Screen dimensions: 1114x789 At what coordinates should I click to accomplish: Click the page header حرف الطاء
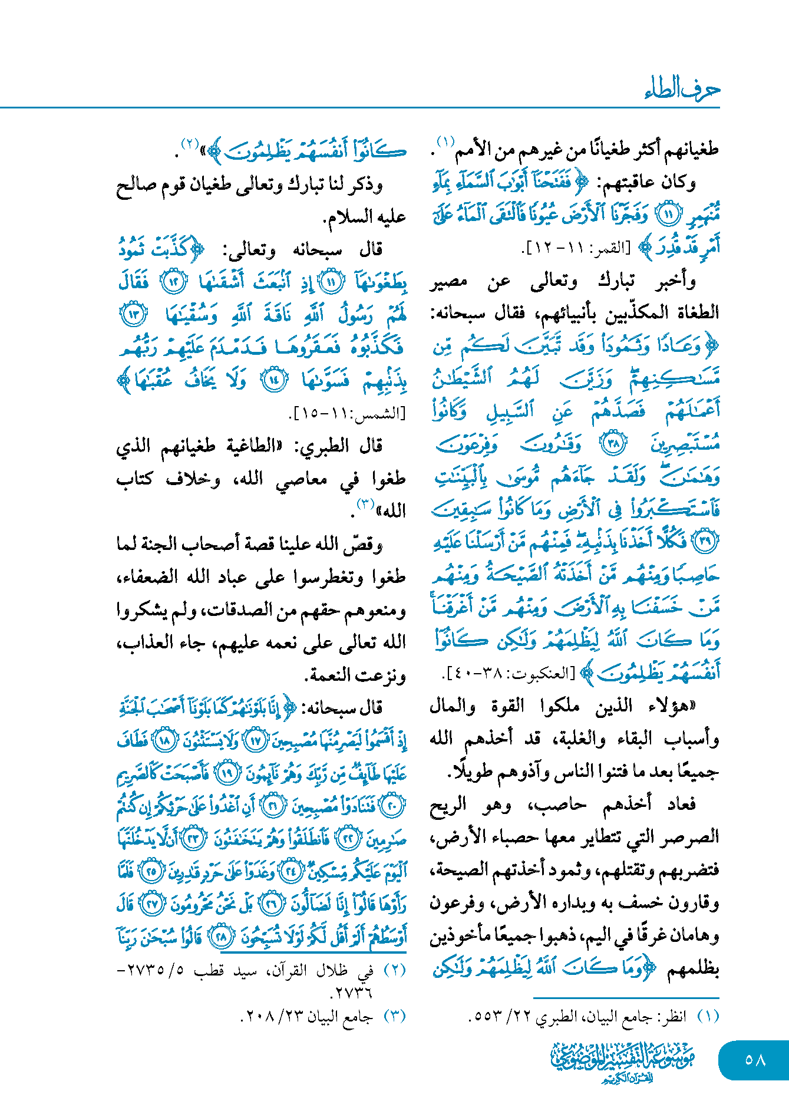(x=682, y=90)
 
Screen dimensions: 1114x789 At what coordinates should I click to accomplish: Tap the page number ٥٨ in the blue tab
(x=755, y=1060)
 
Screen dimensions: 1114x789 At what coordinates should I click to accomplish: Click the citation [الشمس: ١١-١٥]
(x=348, y=413)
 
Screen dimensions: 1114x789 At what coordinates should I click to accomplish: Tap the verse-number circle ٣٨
(x=613, y=443)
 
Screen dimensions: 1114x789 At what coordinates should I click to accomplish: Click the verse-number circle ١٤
(x=274, y=380)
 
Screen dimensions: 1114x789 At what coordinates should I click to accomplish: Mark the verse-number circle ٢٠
(x=392, y=806)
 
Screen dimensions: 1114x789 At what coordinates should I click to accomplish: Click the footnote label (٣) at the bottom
(x=395, y=1017)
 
